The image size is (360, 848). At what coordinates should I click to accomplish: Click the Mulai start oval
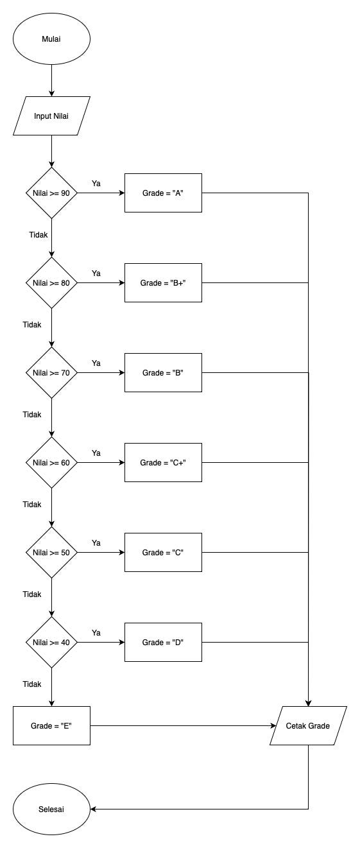(51, 39)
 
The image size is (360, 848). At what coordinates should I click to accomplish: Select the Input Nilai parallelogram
(51, 116)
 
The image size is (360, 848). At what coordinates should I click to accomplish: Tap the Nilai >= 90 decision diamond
(51, 193)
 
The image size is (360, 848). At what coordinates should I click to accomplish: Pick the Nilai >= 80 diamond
(51, 283)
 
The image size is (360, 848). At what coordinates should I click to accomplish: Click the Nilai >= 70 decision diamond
(51, 373)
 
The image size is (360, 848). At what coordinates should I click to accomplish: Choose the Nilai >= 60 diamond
(51, 463)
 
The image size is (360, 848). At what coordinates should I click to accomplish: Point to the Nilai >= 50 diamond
(51, 553)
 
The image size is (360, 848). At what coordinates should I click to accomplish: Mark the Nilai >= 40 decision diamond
(51, 643)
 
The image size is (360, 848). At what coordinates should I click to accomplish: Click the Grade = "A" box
(163, 193)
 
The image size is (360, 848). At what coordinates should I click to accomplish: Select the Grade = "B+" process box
(163, 283)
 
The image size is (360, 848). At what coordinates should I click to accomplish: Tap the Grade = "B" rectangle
(163, 373)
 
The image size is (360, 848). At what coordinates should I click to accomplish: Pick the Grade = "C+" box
(163, 463)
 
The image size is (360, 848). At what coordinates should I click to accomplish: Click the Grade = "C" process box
(163, 553)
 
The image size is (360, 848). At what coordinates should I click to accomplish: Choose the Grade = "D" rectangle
(163, 643)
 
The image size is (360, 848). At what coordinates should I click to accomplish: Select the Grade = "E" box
(51, 726)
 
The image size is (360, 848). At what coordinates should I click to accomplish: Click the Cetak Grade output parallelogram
(308, 726)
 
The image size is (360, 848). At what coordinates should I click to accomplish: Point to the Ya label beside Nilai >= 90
(96, 184)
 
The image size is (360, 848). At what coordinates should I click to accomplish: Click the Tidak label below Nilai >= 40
(32, 684)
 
